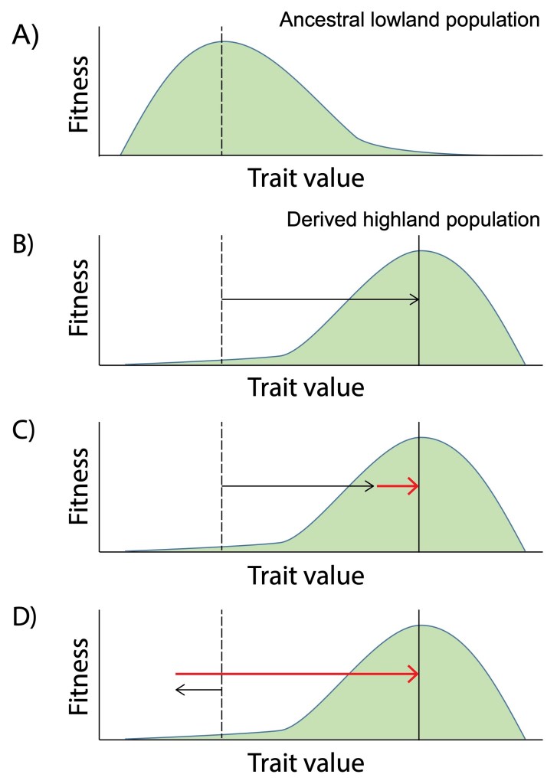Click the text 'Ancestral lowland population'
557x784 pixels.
coord(409,20)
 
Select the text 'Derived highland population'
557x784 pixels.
coord(413,220)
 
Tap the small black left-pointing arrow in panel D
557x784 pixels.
coord(198,690)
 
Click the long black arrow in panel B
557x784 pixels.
coord(320,299)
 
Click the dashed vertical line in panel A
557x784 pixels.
coord(221,92)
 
